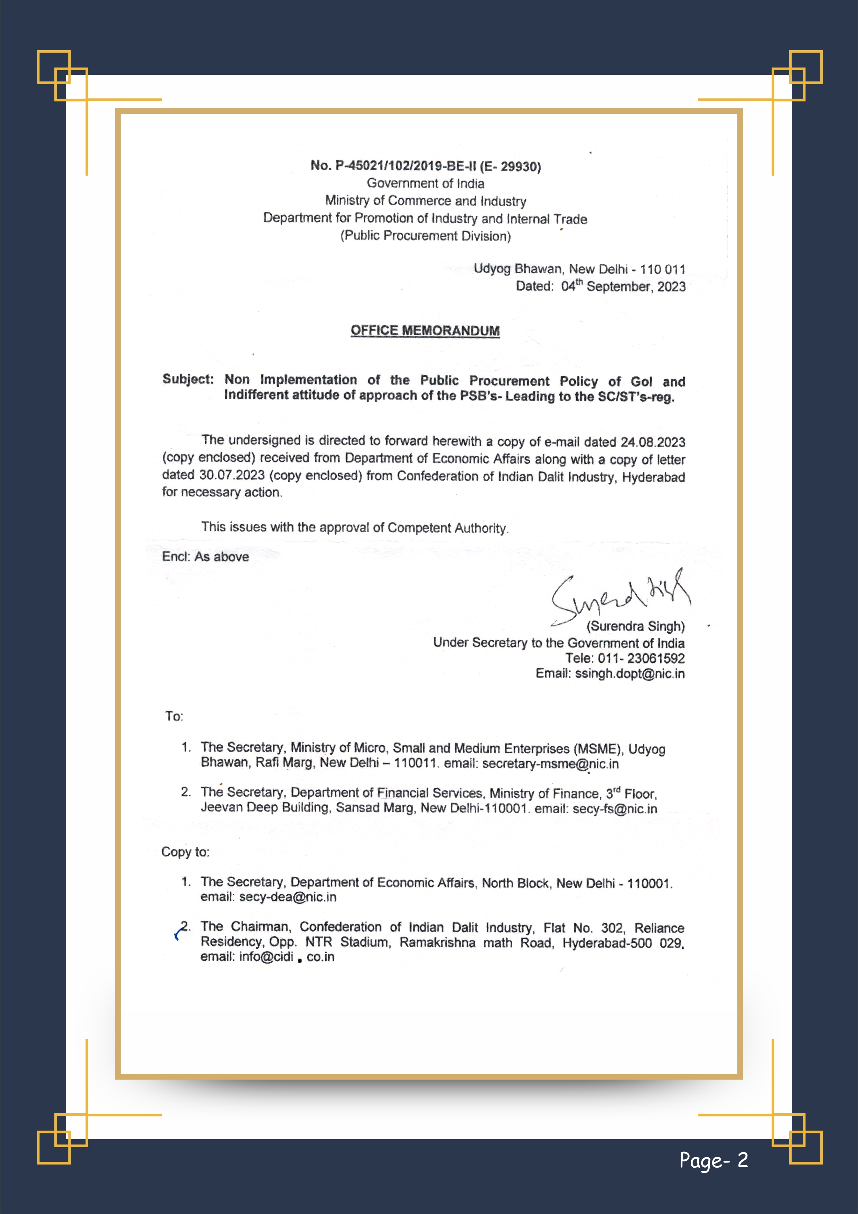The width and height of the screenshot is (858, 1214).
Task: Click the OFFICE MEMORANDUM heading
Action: coord(425,330)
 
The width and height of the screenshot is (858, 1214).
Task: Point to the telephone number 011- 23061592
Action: coord(641,658)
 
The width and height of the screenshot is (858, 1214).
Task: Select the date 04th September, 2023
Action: coord(623,286)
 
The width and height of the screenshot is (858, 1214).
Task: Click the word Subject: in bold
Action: coord(188,379)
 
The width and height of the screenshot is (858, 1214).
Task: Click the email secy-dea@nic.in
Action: coord(287,897)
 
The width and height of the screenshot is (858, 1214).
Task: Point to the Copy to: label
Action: coord(185,852)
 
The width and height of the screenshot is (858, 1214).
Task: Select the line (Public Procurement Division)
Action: coord(425,236)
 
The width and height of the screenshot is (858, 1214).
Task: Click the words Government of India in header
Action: coord(425,183)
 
